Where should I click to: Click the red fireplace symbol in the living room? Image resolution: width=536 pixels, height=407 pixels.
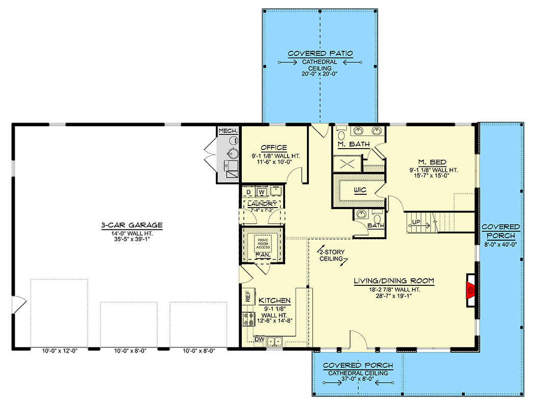point(470,290)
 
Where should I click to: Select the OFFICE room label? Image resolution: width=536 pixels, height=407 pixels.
point(274,148)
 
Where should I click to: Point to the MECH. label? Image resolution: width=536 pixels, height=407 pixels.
point(228,131)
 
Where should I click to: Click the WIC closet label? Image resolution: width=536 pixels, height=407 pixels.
point(361,191)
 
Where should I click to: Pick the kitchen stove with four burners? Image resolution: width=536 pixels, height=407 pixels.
point(249,319)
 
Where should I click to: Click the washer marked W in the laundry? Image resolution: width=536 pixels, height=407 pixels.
point(261,192)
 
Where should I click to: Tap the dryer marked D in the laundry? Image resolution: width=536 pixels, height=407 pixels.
point(248,192)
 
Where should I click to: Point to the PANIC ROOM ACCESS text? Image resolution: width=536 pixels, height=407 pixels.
point(263,243)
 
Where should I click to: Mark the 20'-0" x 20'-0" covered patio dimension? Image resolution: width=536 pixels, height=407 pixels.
point(320,74)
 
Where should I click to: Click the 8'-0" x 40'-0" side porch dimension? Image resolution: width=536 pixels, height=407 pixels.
point(501,244)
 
